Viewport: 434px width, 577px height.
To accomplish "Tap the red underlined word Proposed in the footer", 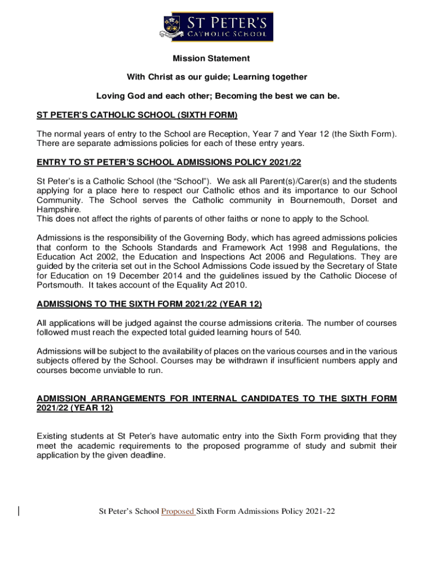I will pyautogui.click(x=178, y=512).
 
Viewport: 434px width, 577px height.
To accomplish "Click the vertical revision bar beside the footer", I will pyautogui.click(x=19, y=511).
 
